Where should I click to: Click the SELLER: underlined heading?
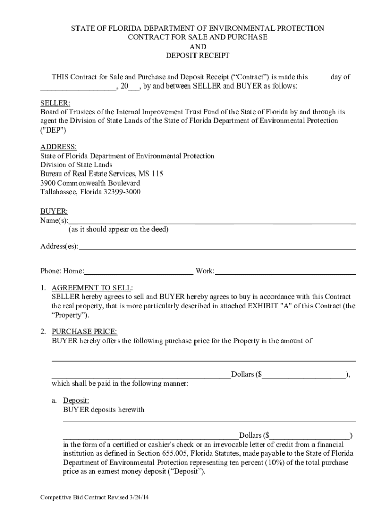tap(55, 103)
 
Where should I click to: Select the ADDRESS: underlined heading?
tap(58, 147)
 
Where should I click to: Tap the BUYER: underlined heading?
tap(54, 211)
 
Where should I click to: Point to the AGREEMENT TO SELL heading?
tap(91, 288)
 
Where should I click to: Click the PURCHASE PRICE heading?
tap(84, 332)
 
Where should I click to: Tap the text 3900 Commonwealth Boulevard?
tap(90, 183)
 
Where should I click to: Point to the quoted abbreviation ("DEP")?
tap(53, 131)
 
